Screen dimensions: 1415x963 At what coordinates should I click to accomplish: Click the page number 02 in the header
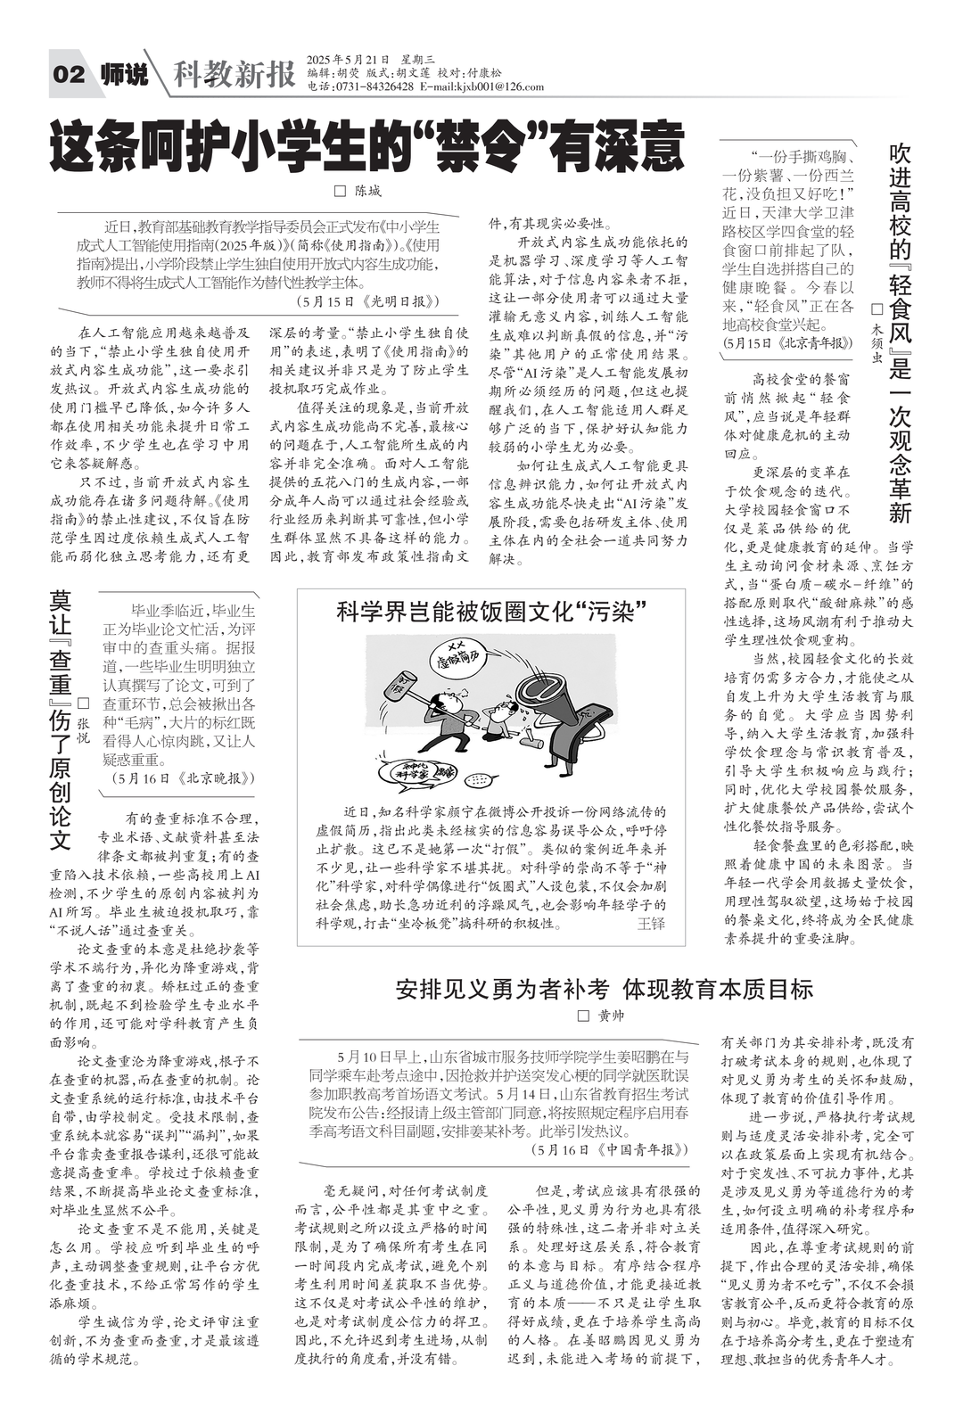[x=70, y=75]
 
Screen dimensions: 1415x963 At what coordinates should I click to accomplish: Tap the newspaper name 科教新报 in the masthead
[x=234, y=76]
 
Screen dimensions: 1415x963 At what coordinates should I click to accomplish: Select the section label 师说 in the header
[x=123, y=75]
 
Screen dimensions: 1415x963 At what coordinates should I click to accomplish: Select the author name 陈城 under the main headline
[x=366, y=191]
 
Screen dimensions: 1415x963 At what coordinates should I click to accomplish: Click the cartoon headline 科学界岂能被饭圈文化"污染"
[x=490, y=612]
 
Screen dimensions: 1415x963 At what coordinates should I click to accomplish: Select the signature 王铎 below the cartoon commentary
[x=651, y=924]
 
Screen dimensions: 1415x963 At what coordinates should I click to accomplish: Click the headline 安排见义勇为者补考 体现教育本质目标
[x=604, y=989]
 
